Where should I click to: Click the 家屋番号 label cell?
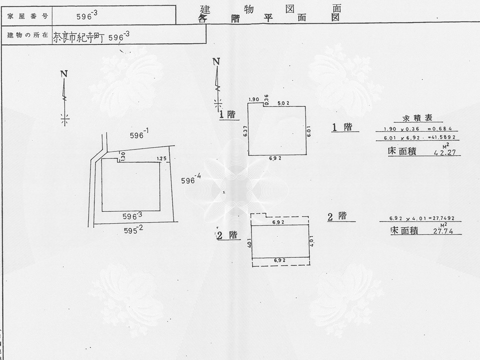coord(27,16)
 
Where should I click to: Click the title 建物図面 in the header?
coord(270,9)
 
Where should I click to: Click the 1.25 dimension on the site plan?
coord(161,159)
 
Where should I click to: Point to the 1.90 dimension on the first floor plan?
coord(253,99)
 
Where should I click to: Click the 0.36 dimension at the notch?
coord(266,98)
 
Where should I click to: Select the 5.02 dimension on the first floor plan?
coord(284,102)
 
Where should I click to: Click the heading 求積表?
coord(416,119)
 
